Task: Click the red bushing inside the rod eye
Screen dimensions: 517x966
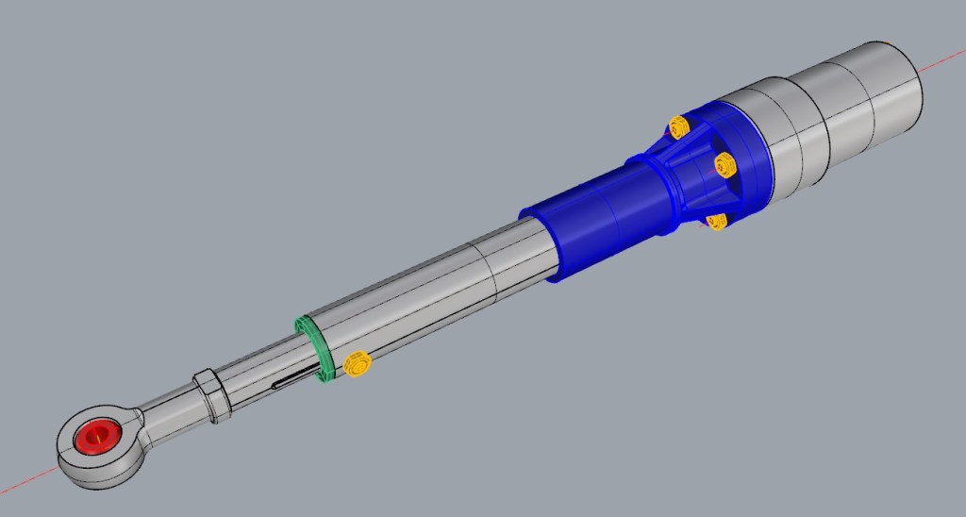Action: (96, 437)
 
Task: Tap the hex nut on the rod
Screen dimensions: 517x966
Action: (212, 395)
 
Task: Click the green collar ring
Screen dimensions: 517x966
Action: (313, 346)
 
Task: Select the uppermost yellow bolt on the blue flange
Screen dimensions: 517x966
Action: (677, 126)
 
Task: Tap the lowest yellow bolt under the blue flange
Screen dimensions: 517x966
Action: (716, 222)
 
